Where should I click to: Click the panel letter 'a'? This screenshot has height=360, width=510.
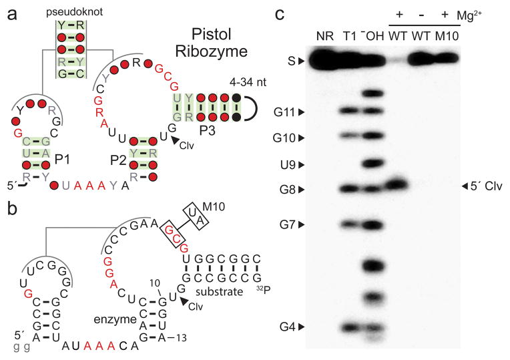click(x=11, y=12)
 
